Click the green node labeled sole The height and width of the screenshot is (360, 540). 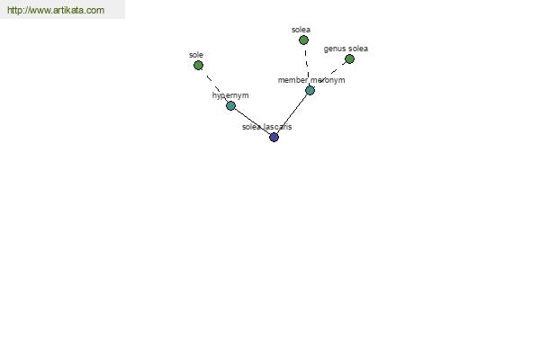click(198, 65)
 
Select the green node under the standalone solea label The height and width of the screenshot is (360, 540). click(303, 40)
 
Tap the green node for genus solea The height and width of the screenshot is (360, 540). click(349, 58)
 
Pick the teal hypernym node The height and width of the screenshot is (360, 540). click(230, 105)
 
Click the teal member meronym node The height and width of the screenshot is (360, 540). click(310, 90)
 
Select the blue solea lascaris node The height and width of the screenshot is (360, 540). click(274, 137)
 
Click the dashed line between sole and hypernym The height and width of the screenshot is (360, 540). click(214, 85)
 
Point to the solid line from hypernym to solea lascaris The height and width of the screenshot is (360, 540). click(252, 121)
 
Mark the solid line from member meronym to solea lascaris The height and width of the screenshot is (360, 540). click(292, 113)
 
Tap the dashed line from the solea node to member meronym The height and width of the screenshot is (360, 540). click(307, 65)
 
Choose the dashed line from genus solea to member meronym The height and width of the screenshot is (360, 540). click(329, 75)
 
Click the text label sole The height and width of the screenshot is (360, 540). click(196, 55)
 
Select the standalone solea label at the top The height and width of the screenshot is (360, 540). click(301, 30)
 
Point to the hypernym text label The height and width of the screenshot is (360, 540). click(230, 95)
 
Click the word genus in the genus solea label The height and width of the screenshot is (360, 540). click(334, 49)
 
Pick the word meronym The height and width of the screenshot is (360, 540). click(328, 80)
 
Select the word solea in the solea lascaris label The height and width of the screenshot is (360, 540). click(252, 127)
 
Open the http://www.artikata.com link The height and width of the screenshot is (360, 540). click(56, 10)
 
